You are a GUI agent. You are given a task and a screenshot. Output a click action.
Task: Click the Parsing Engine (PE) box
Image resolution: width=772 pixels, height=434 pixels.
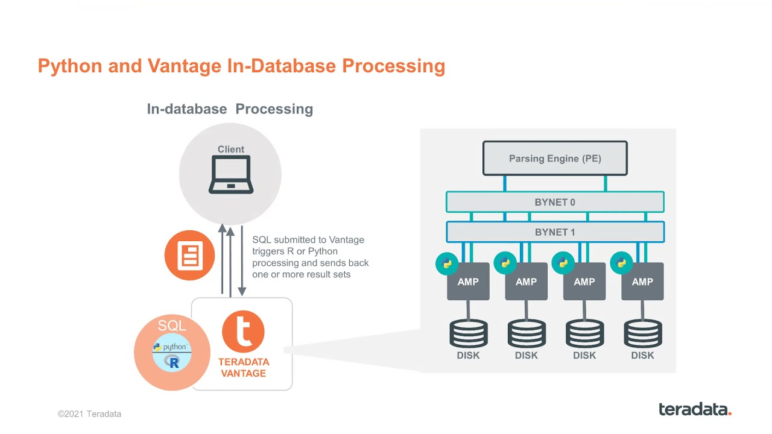555,159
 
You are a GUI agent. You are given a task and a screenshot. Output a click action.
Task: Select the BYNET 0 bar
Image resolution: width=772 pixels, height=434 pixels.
555,203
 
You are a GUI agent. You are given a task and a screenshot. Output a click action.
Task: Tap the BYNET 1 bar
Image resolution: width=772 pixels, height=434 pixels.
555,232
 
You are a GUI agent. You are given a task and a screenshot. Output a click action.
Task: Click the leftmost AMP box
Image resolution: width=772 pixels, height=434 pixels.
468,282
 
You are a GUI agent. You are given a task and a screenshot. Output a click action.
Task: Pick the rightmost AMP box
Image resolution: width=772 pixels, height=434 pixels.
642,282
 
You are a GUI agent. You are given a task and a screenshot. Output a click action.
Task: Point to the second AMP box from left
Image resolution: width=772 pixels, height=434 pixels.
526,282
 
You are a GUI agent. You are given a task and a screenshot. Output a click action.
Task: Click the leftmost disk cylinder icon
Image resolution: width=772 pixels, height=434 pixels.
468,333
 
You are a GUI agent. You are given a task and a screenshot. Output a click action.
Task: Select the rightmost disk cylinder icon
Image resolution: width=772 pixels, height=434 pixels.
642,333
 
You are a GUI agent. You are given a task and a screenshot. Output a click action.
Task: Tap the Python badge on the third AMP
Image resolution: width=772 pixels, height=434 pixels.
563,263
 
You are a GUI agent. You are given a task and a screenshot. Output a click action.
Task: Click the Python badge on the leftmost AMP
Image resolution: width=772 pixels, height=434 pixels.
447,263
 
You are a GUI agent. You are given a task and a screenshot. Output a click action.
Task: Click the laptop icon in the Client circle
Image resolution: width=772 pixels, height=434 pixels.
230,175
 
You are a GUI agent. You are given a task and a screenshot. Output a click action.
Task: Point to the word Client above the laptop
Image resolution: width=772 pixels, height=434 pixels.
231,149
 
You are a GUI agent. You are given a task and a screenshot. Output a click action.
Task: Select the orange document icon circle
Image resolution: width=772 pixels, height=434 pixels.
189,256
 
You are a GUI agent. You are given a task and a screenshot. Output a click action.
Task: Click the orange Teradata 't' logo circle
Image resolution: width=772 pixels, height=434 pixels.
243,332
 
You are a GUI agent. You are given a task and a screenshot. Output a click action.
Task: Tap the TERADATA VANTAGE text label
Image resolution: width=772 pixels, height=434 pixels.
243,368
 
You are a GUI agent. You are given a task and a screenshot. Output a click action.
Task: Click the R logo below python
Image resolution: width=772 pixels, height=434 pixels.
173,362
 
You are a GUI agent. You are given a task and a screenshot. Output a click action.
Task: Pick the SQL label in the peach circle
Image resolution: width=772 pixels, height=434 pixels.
172,326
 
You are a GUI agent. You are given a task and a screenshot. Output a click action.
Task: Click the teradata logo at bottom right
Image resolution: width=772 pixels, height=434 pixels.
695,409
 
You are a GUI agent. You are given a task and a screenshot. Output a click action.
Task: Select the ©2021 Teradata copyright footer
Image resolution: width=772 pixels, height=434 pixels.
89,414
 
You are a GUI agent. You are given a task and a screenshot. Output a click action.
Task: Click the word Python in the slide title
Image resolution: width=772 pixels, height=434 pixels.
70,66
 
